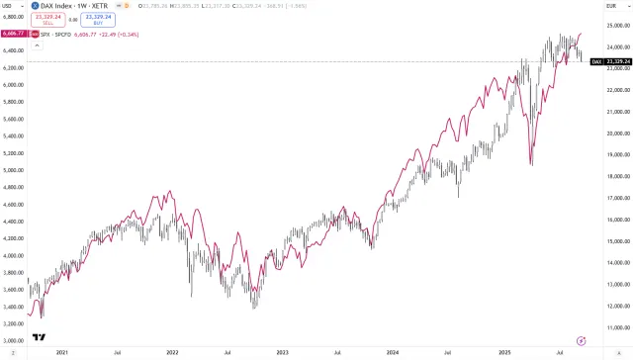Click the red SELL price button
(46, 20)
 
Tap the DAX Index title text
(59, 7)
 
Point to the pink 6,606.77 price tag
(14, 34)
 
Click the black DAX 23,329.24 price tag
(610, 61)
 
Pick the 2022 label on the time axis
(173, 351)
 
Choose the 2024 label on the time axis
(392, 351)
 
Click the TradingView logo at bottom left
(39, 337)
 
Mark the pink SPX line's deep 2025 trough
(531, 164)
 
